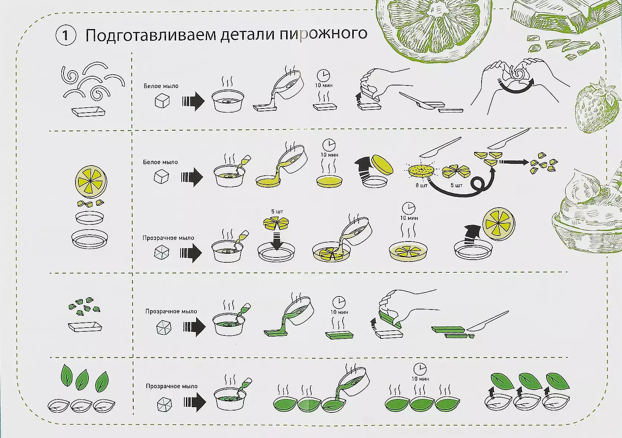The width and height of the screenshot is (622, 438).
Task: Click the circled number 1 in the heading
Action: (65, 35)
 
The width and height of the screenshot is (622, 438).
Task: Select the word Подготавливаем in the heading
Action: (150, 35)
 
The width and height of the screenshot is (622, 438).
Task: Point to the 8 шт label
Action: (421, 185)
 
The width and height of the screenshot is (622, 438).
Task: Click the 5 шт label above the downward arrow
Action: (277, 211)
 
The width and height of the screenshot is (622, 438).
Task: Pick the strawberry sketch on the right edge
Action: (597, 107)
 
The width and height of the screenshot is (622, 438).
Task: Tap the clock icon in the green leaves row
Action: (420, 369)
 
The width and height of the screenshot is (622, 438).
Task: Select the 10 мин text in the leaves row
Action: (420, 379)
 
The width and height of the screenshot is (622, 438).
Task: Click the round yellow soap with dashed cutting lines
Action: (421, 170)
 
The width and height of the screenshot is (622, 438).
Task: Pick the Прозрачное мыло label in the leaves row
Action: (172, 386)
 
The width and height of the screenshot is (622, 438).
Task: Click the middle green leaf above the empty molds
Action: (82, 380)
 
